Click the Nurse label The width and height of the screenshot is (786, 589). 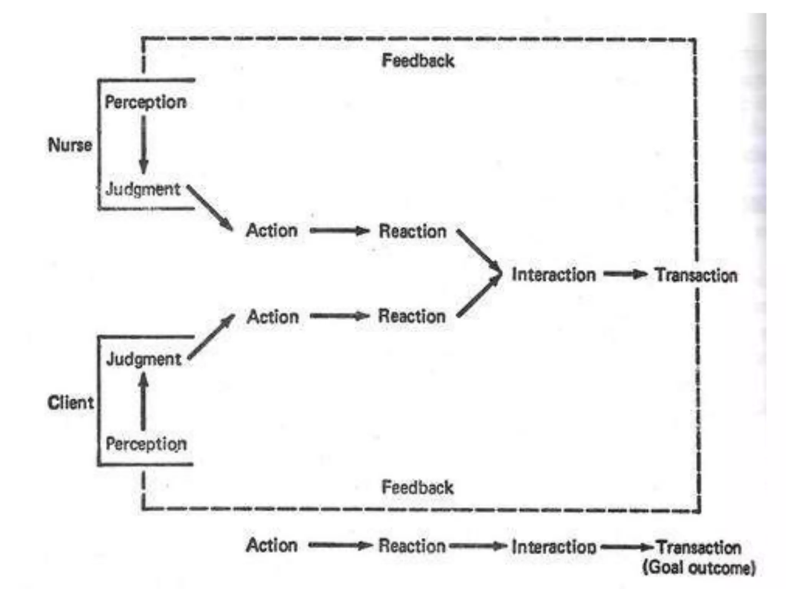pos(70,145)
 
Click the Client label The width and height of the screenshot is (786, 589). pos(71,403)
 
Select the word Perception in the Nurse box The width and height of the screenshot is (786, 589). pos(145,102)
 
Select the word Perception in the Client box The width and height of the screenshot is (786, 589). pos(146,444)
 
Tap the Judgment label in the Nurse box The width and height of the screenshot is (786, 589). pos(143,189)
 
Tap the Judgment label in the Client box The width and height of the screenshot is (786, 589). pos(144,359)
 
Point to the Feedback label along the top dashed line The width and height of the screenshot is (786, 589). pos(418,61)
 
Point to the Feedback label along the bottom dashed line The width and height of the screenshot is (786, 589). pos(418,488)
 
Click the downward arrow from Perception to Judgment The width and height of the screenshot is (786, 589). pos(144,146)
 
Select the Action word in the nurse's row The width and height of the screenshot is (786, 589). pos(272,231)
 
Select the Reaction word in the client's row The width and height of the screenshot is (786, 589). pos(412,316)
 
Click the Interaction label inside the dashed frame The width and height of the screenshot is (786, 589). pos(553,275)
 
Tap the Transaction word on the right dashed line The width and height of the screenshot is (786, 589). pos(696,275)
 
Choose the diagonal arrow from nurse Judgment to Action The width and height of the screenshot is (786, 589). pos(210,208)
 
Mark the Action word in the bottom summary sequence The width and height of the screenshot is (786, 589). pos(272,545)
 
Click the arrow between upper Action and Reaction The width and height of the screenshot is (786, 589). pos(339,231)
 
